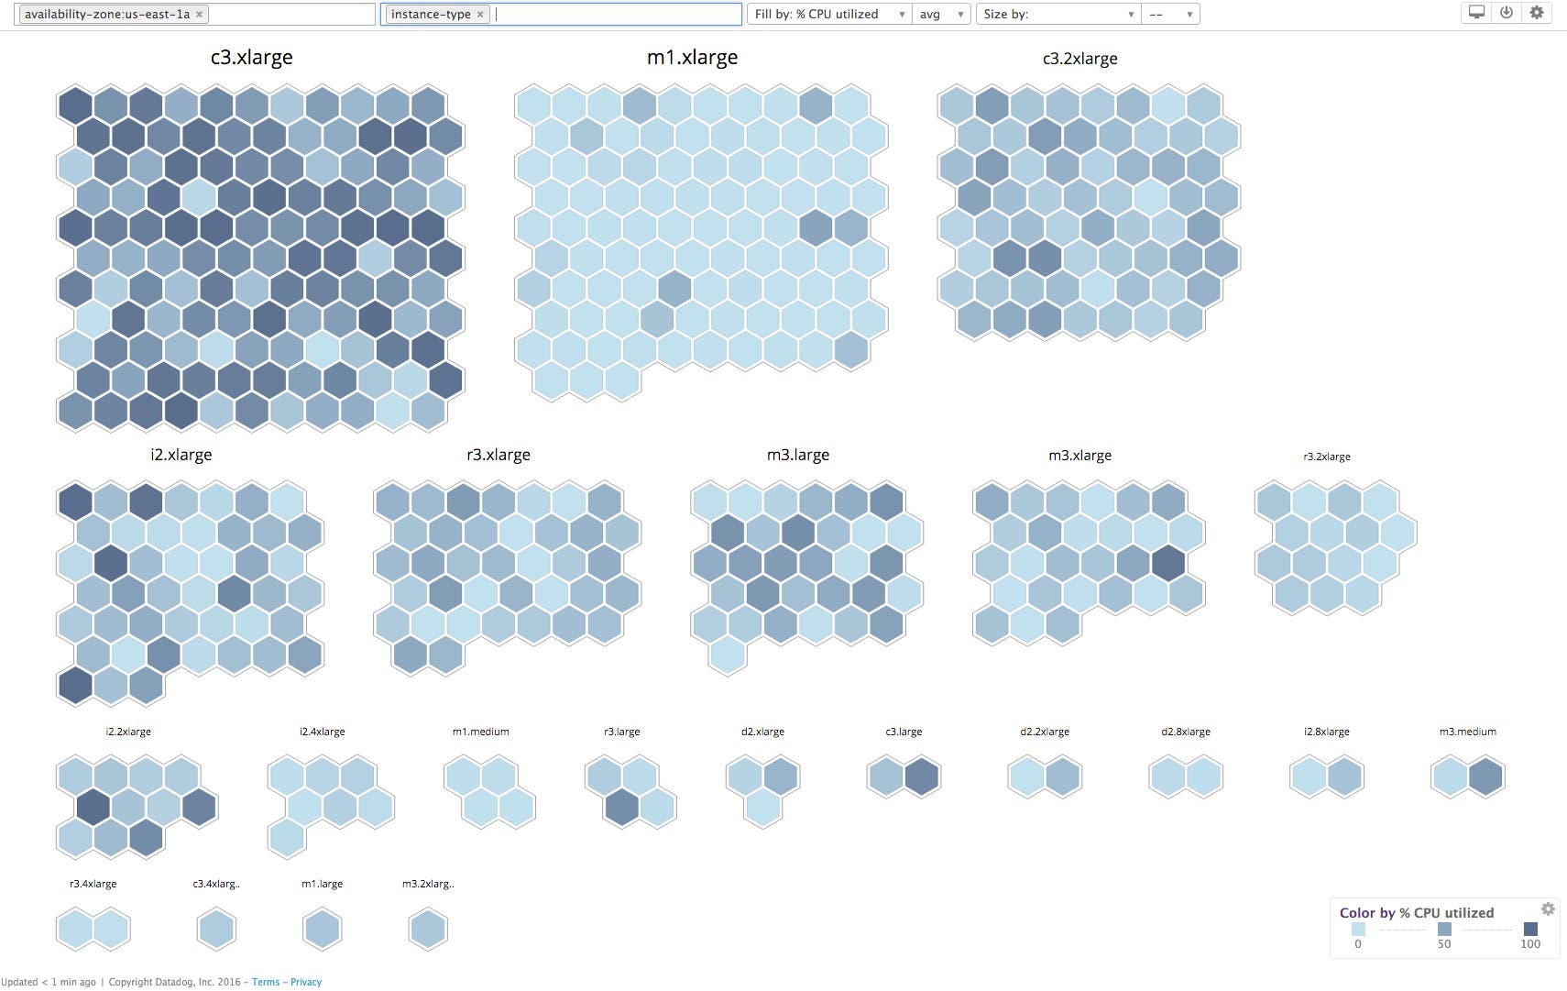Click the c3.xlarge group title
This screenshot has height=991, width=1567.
[251, 57]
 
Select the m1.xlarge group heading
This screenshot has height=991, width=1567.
[692, 57]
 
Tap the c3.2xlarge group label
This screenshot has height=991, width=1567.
[1079, 59]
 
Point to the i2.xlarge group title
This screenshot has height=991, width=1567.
[181, 455]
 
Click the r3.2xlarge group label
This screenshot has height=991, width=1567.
[1326, 457]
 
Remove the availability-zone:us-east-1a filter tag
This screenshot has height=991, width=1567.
[199, 15]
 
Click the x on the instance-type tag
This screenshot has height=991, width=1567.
[480, 15]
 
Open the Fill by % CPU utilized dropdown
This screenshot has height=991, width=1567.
[829, 15]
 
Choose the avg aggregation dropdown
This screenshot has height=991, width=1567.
[941, 15]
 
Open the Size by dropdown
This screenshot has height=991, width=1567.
[1057, 15]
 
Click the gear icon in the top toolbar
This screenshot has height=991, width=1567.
[1537, 13]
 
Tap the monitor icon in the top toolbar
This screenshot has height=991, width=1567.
[1476, 13]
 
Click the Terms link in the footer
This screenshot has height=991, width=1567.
[266, 982]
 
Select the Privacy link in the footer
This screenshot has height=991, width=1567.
[306, 982]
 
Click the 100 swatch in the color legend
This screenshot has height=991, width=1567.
[1530, 929]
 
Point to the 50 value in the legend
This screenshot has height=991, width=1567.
[1444, 943]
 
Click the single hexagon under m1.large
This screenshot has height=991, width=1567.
[322, 930]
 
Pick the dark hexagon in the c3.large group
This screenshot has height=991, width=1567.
[922, 776]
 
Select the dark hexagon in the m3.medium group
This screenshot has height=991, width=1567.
[1485, 776]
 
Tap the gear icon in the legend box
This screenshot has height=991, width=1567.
[1548, 908]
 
